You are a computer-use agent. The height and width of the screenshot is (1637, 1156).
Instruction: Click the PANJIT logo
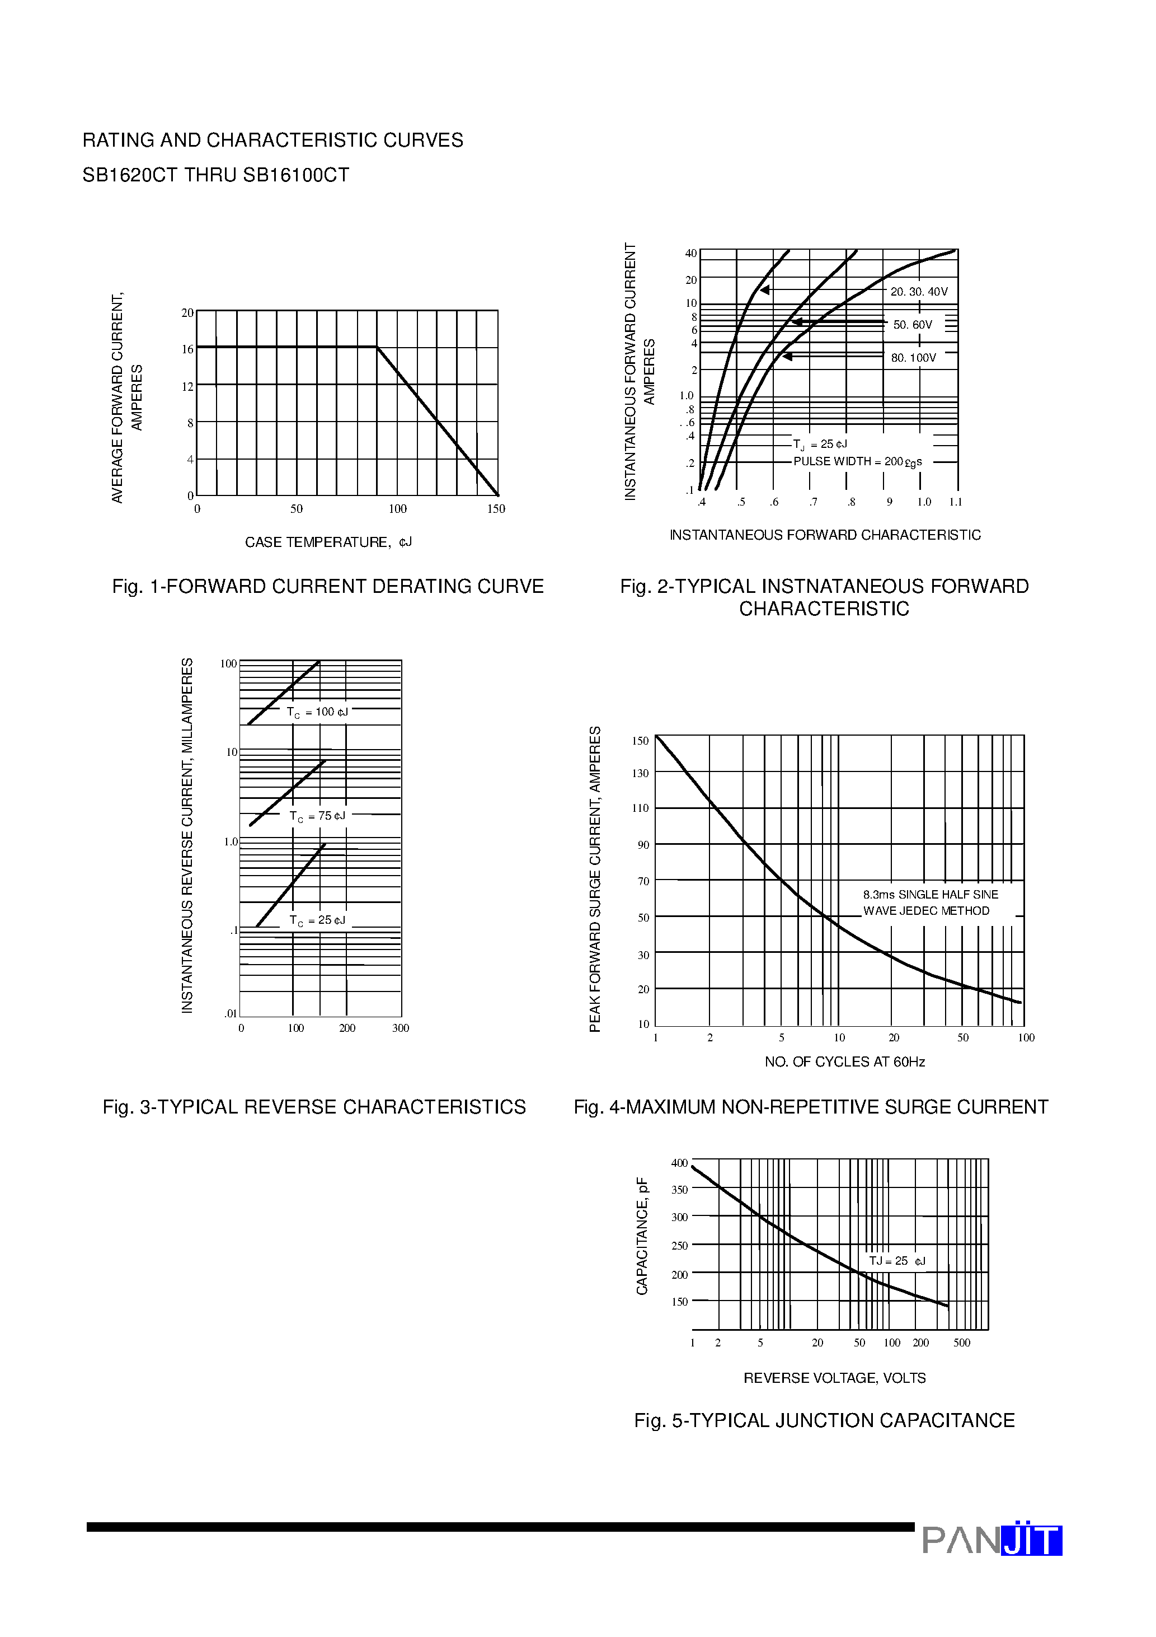click(991, 1541)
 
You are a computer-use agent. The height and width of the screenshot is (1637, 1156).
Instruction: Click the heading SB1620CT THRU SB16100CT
click(216, 175)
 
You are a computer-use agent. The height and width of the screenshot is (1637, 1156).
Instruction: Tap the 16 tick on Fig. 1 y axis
click(187, 349)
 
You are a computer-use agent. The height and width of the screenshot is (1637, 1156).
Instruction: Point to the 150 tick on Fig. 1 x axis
click(496, 509)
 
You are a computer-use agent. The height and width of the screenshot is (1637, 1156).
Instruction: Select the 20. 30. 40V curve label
click(919, 292)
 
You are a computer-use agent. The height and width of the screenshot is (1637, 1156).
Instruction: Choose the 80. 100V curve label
click(913, 358)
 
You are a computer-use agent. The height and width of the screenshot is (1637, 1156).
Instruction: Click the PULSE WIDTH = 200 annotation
click(857, 462)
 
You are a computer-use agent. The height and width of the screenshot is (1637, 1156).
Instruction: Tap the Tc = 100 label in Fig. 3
click(317, 712)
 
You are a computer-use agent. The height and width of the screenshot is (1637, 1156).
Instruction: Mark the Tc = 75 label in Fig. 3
click(317, 816)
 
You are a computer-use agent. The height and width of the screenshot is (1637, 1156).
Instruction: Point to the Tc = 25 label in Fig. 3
click(317, 920)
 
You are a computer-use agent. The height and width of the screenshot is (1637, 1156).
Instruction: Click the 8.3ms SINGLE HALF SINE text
click(930, 895)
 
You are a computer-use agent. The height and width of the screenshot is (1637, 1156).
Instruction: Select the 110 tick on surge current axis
click(641, 808)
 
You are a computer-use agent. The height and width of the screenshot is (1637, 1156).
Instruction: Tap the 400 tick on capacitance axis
click(679, 1163)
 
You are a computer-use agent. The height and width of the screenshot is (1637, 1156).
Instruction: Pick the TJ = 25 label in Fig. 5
click(896, 1261)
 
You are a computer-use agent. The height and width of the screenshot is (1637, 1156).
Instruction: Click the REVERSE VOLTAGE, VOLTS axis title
click(835, 1378)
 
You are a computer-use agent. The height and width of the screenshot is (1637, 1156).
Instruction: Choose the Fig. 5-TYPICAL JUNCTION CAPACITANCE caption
click(824, 1421)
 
